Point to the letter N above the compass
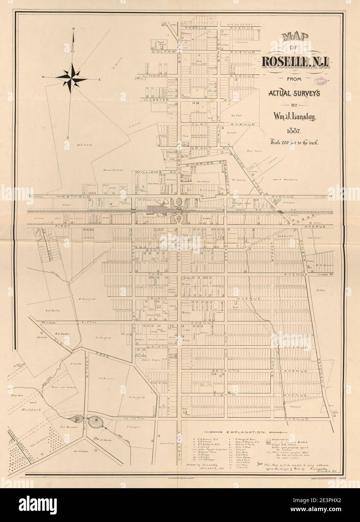point(73,29)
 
